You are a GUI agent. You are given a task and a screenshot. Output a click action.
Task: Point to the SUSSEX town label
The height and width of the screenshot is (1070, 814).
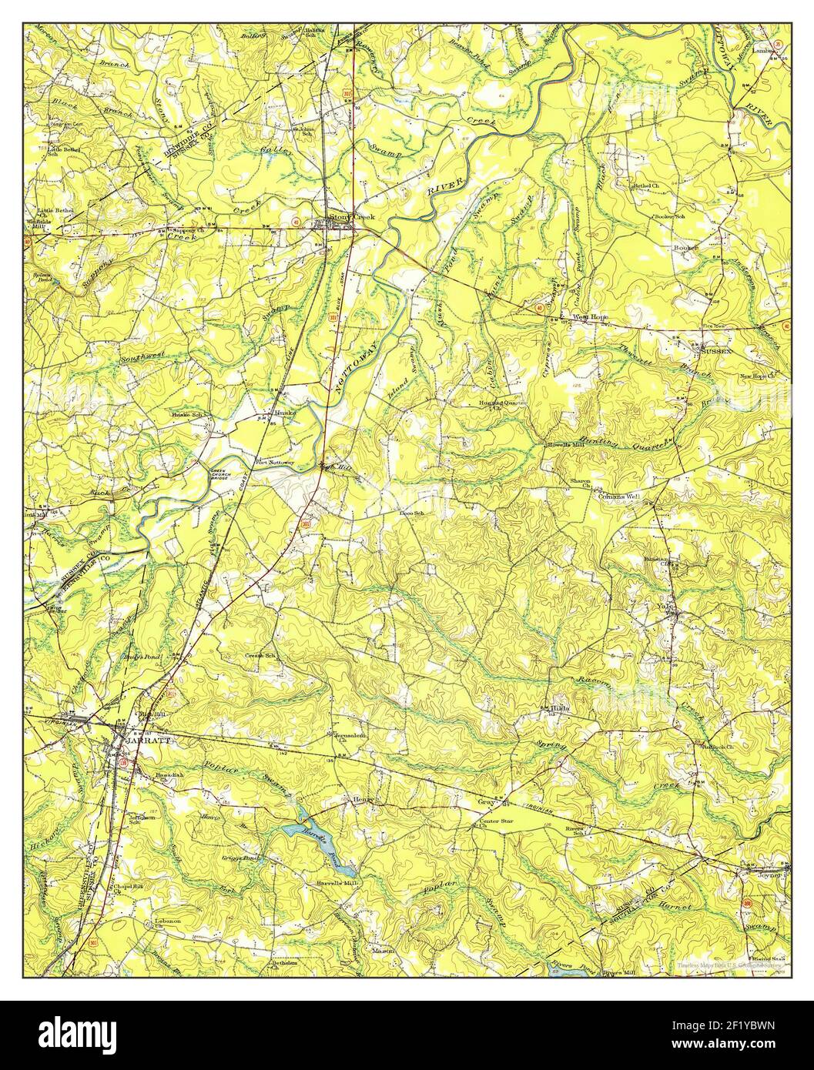(x=716, y=351)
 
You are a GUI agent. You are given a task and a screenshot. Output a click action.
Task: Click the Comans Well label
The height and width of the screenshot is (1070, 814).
(x=619, y=497)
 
